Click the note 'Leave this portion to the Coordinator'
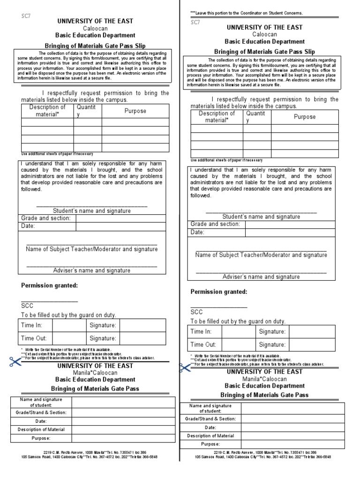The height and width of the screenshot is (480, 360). pos(246,13)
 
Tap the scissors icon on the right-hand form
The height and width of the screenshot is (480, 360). pos(185,367)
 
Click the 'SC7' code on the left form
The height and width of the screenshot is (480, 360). pos(25,15)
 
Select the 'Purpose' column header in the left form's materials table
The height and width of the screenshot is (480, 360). pos(135,111)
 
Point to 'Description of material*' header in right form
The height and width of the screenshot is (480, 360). pos(217,117)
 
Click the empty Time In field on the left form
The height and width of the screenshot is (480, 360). pos(69,325)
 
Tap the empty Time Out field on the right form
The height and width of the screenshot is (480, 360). pos(239,345)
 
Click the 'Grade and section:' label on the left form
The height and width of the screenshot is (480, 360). pos(46,218)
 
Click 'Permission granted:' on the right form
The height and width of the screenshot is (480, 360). pos(219,292)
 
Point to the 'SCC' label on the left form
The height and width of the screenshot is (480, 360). pos(28,306)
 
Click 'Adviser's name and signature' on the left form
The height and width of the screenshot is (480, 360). pos(91,270)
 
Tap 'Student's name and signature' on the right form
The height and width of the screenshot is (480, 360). pos(261,217)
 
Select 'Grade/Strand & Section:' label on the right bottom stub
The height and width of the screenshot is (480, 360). pos(210,419)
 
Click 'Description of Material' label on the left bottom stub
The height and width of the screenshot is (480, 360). pos(41,429)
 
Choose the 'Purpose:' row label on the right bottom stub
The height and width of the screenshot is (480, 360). pos(210,444)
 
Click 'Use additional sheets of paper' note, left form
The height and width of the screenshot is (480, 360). pos(57,154)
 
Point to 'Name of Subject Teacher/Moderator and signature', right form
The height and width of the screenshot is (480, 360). pos(261,255)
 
